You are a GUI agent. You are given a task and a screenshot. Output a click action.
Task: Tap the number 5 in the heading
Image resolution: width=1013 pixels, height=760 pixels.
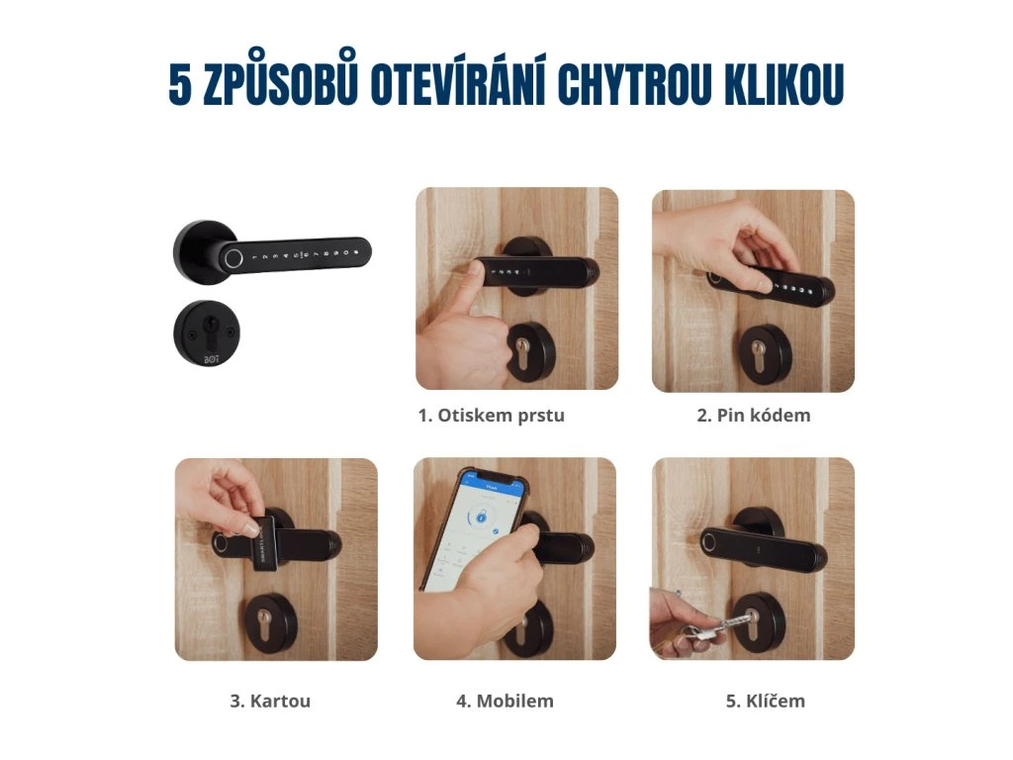(180, 85)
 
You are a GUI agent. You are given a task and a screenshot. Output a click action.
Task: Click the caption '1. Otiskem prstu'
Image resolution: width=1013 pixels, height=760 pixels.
(491, 416)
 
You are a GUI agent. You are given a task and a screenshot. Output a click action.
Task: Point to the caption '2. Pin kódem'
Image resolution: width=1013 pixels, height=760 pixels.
(753, 416)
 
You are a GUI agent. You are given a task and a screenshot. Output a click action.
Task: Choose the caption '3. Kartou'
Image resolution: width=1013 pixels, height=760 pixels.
(270, 702)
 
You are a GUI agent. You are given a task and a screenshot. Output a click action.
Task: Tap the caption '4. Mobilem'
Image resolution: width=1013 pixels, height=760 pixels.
(505, 702)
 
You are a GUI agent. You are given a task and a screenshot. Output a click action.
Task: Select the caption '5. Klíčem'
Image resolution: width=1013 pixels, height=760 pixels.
(766, 702)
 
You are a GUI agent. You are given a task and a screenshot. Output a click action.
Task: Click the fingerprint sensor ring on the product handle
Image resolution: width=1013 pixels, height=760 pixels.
(233, 259)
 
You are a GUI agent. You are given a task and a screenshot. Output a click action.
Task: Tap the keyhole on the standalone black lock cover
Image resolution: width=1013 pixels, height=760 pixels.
(210, 326)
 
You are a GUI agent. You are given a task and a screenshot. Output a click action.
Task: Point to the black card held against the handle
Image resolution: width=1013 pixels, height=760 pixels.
(263, 544)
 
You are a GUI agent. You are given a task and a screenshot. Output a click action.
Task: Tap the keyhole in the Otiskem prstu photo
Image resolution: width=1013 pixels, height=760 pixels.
(522, 355)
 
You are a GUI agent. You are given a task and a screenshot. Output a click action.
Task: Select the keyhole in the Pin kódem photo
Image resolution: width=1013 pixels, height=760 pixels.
(759, 356)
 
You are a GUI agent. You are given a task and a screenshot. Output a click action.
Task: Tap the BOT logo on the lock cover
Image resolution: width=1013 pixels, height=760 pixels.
(212, 358)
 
